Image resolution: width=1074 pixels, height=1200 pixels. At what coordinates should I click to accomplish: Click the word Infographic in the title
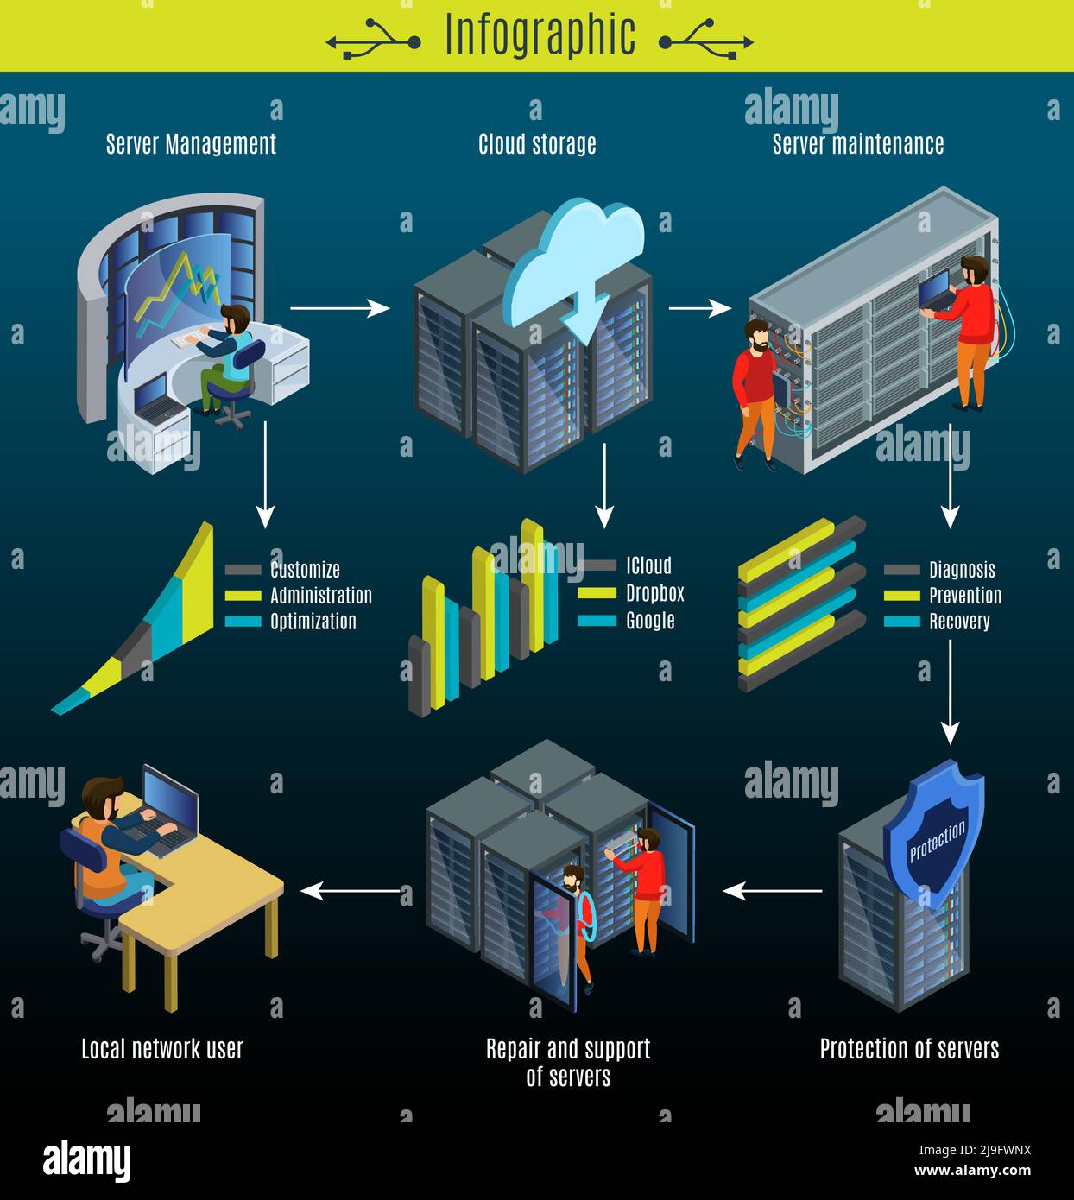[x=540, y=36]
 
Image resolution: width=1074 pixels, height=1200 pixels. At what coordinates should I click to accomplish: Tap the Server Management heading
[x=191, y=143]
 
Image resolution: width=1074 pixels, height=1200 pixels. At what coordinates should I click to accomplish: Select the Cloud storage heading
[x=537, y=143]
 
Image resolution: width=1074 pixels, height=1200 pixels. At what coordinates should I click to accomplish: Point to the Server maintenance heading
[x=857, y=143]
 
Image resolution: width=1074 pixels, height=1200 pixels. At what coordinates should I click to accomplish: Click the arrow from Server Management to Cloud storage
[x=339, y=307]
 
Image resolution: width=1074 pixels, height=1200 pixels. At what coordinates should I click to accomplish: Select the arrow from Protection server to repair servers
[x=772, y=890]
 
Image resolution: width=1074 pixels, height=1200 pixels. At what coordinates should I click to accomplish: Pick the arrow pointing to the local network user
[x=350, y=890]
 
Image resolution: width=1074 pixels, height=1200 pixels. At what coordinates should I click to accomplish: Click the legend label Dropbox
[x=654, y=593]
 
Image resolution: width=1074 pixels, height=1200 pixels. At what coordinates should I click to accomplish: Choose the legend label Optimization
[x=313, y=622]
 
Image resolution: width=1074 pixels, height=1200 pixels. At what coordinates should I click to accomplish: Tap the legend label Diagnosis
[x=962, y=570]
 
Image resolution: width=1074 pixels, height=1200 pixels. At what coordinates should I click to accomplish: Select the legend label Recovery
[x=959, y=622]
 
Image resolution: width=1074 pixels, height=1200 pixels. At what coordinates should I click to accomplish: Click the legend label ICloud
[x=648, y=566]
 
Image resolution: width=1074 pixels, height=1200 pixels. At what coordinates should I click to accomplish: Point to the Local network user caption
[x=162, y=1049]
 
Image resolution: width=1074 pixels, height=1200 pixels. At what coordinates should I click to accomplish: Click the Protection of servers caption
[x=909, y=1049]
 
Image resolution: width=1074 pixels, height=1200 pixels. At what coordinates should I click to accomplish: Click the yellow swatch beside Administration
[x=243, y=596]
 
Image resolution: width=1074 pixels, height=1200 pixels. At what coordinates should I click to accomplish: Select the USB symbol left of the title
[x=373, y=41]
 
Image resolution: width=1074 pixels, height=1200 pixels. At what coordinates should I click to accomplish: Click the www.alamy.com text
[x=972, y=1172]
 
